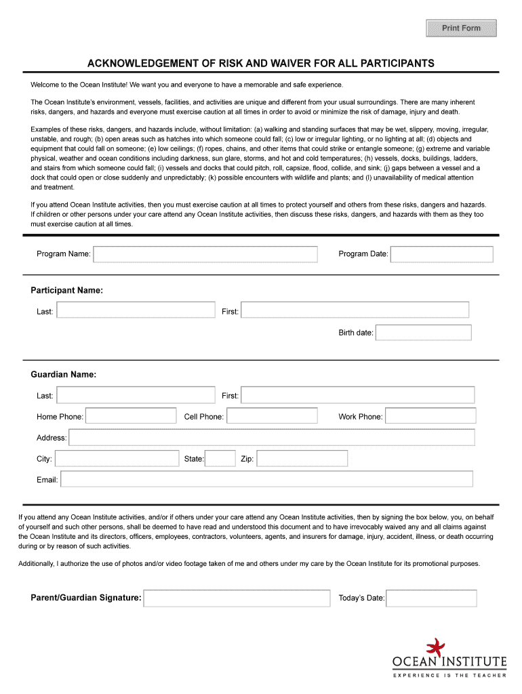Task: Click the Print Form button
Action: [461, 28]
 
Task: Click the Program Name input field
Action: [205, 254]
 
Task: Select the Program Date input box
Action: [442, 254]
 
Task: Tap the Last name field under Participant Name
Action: [136, 310]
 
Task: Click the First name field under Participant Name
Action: [355, 310]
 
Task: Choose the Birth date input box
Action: [423, 333]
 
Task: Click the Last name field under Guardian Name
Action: [136, 395]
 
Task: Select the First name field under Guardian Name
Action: [357, 395]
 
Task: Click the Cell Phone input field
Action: [272, 416]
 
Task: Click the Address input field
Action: [271, 438]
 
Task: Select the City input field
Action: [117, 459]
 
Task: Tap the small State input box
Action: [220, 459]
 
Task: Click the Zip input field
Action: [302, 459]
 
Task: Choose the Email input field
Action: [266, 480]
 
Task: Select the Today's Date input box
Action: [431, 598]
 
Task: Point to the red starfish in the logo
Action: [435, 647]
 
